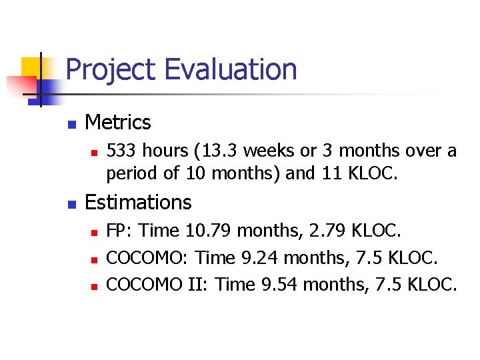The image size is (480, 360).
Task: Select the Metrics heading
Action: (118, 123)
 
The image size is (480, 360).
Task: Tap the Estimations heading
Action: (138, 202)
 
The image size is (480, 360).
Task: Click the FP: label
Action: (121, 231)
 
